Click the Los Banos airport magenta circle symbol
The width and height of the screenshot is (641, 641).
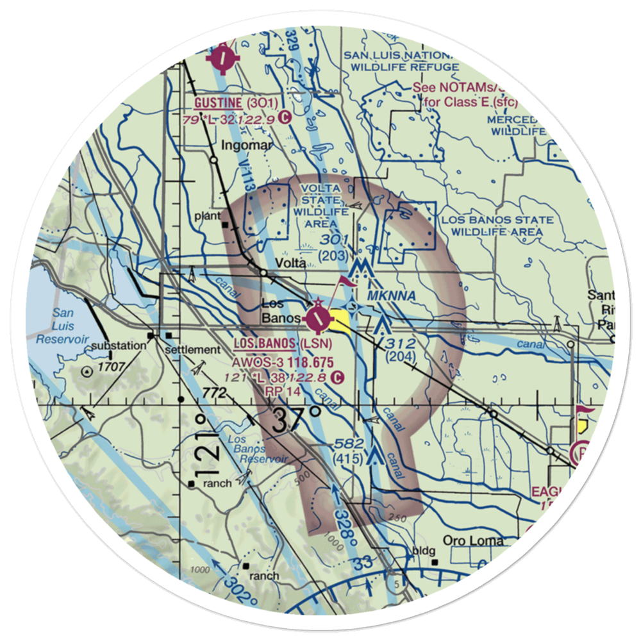(x=318, y=317)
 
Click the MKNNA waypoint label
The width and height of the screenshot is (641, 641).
(x=392, y=296)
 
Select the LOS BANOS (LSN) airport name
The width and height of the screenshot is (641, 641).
(x=282, y=344)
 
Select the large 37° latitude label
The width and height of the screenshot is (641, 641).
(x=296, y=420)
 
